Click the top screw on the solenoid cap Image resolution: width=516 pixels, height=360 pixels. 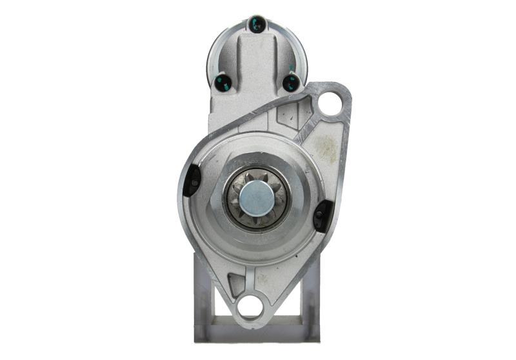pos(257,25)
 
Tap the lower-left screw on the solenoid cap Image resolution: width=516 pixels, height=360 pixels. pos(223,82)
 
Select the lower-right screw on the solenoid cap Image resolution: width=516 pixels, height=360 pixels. pos(292,82)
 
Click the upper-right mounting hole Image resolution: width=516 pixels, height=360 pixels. pos(330,103)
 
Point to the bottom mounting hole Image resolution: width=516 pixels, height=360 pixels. pos(250,305)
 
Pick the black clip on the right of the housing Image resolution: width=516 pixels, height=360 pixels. pos(322,215)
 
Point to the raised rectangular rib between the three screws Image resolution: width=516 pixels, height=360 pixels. pos(257,65)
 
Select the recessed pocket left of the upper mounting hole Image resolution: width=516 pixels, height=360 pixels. pos(288,116)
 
